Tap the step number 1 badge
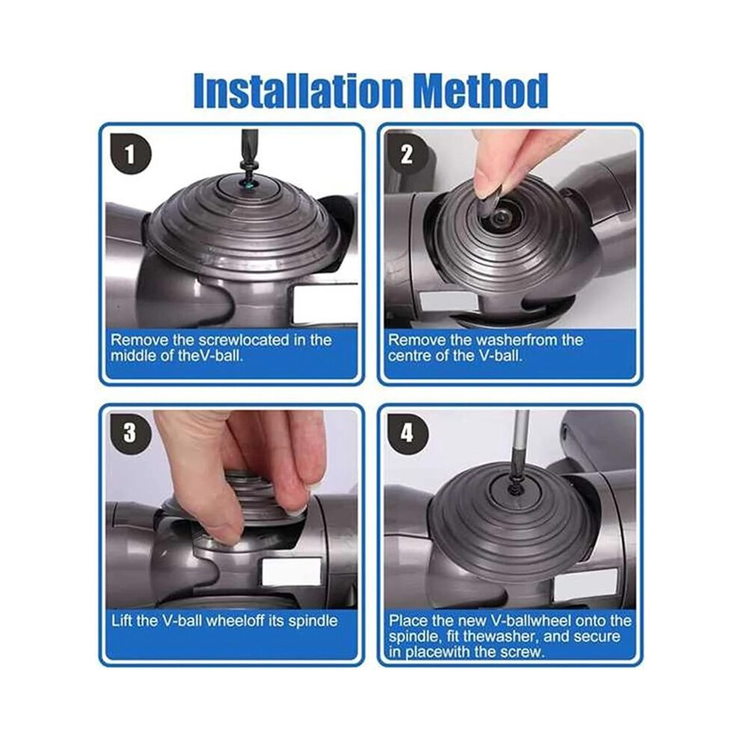click(130, 154)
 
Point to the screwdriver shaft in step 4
click(520, 447)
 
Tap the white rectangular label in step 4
click(586, 583)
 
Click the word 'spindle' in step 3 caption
click(314, 621)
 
